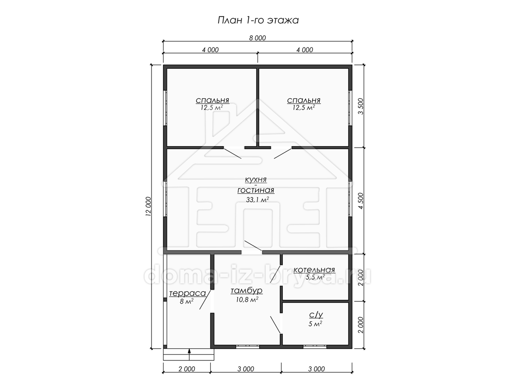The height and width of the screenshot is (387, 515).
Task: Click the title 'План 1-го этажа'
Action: click(x=258, y=21)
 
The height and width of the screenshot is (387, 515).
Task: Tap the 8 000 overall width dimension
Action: click(x=257, y=38)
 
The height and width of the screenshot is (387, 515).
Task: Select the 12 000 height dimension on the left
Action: click(x=148, y=206)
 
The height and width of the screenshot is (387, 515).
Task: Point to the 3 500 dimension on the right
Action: click(x=361, y=106)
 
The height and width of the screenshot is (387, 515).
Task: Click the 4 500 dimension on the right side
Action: click(x=361, y=201)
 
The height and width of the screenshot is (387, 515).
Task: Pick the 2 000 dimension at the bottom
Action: click(x=187, y=369)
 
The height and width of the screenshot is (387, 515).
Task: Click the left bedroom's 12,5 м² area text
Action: click(x=212, y=107)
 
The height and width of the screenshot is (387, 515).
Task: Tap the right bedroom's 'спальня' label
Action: click(x=303, y=100)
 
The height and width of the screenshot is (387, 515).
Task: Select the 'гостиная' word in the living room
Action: click(x=256, y=190)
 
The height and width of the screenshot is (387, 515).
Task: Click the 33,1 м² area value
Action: click(x=257, y=200)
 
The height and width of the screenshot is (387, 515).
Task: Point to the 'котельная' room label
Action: click(x=314, y=270)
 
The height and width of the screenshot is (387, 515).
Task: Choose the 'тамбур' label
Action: click(x=247, y=291)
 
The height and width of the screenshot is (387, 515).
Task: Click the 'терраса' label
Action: click(x=188, y=293)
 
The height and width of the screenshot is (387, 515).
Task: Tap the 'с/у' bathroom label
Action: click(x=316, y=315)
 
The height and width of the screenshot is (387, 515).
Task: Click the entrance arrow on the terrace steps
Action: click(x=189, y=355)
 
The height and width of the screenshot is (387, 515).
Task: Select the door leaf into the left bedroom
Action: click(x=232, y=153)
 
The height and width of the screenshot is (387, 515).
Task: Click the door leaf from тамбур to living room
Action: click(x=253, y=246)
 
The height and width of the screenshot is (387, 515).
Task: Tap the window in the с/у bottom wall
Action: click(x=315, y=347)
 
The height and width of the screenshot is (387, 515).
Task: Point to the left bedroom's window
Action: click(x=165, y=108)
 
